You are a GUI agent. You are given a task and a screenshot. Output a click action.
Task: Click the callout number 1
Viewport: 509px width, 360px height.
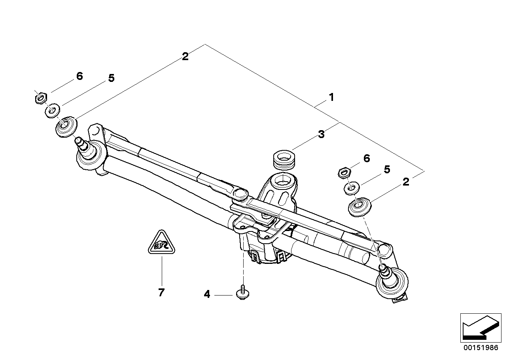click(x=331, y=97)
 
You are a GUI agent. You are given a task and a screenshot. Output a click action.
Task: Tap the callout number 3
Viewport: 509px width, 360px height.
click(x=321, y=135)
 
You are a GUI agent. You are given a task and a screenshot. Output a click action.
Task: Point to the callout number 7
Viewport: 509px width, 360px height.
click(x=161, y=293)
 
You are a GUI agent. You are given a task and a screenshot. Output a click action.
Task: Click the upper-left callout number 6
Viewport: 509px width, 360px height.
click(x=79, y=76)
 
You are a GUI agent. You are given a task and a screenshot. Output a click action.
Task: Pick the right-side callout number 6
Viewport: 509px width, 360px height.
click(x=367, y=159)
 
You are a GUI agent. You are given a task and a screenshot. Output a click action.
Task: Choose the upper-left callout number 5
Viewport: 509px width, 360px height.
click(x=111, y=78)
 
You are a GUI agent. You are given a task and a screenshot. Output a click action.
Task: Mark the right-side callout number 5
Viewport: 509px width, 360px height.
click(x=386, y=170)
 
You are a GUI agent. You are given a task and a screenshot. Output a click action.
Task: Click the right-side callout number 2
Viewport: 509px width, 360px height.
click(x=405, y=182)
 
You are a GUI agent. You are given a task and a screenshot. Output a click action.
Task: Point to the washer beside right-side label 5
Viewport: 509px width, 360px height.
click(x=352, y=187)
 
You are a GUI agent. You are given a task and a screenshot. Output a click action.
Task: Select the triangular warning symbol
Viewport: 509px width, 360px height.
click(x=161, y=243)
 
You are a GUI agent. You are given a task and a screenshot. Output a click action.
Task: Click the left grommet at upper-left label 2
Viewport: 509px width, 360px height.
click(x=66, y=126)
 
